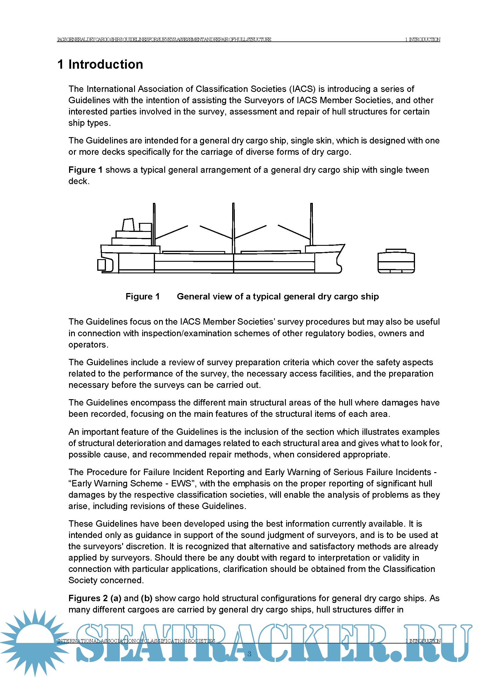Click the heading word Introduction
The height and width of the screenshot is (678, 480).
106,64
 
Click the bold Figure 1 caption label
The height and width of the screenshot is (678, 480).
142,297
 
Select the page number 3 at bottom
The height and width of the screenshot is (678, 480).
249,654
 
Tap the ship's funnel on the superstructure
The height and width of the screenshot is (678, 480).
128,225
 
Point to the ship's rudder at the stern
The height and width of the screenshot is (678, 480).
101,265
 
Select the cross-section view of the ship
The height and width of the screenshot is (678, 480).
396,261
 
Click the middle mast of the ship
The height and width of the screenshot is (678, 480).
233,227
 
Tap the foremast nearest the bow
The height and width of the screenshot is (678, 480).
311,224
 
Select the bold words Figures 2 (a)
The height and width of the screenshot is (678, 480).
95,598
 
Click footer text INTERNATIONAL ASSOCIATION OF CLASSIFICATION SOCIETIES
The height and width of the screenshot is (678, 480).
136,641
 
